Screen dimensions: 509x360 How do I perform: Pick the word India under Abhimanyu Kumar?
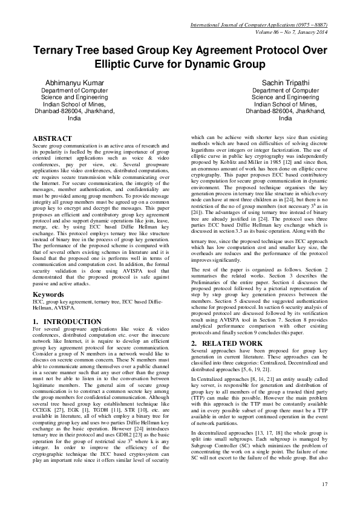(74, 118)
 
